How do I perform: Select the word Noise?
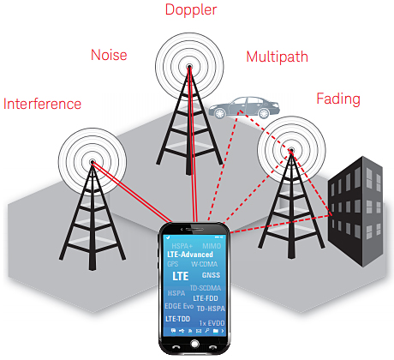coord(108,56)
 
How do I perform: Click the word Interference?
coord(43,105)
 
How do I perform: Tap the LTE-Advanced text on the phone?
coord(190,255)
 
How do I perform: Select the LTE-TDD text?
coord(179,318)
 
